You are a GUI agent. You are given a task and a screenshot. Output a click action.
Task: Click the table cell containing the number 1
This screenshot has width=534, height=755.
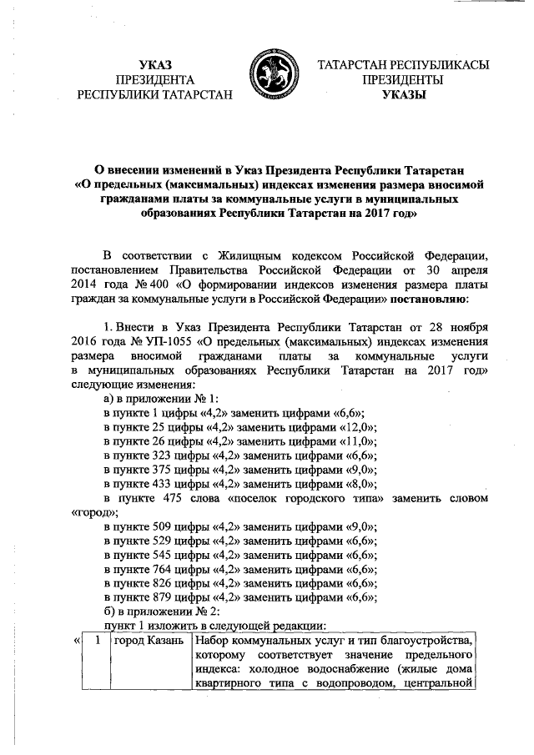pos(99,641)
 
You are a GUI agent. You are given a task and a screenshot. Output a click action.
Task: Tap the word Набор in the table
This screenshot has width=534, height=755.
pos(214,641)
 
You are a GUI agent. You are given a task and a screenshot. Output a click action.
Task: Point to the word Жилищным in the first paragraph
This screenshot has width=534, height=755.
pos(248,253)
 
